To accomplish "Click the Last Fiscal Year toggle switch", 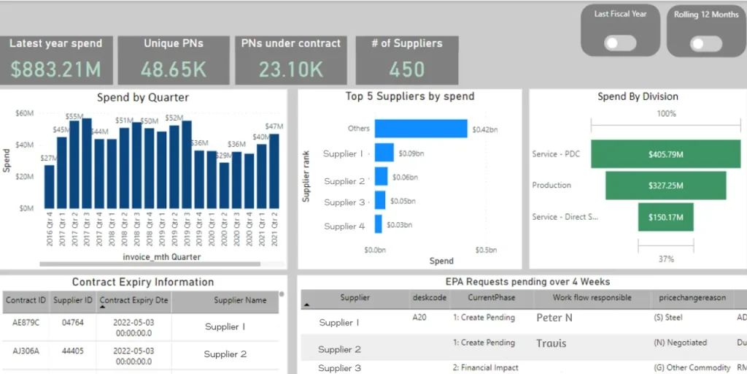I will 621,44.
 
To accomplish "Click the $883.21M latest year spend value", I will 55,69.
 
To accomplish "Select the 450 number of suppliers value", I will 407,69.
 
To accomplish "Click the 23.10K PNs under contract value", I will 290,69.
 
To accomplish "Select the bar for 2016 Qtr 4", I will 50,186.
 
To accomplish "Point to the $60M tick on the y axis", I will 24,113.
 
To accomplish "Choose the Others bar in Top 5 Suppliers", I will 421,129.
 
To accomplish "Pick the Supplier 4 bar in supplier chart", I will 379,224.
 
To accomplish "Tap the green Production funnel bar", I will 665,186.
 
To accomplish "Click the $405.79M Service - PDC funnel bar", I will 665,154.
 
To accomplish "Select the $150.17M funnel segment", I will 665,217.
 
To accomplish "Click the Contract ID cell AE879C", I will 26,321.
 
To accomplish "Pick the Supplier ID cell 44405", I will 73,351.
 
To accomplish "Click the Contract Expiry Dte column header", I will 133,300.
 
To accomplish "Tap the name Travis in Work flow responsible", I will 551,343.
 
